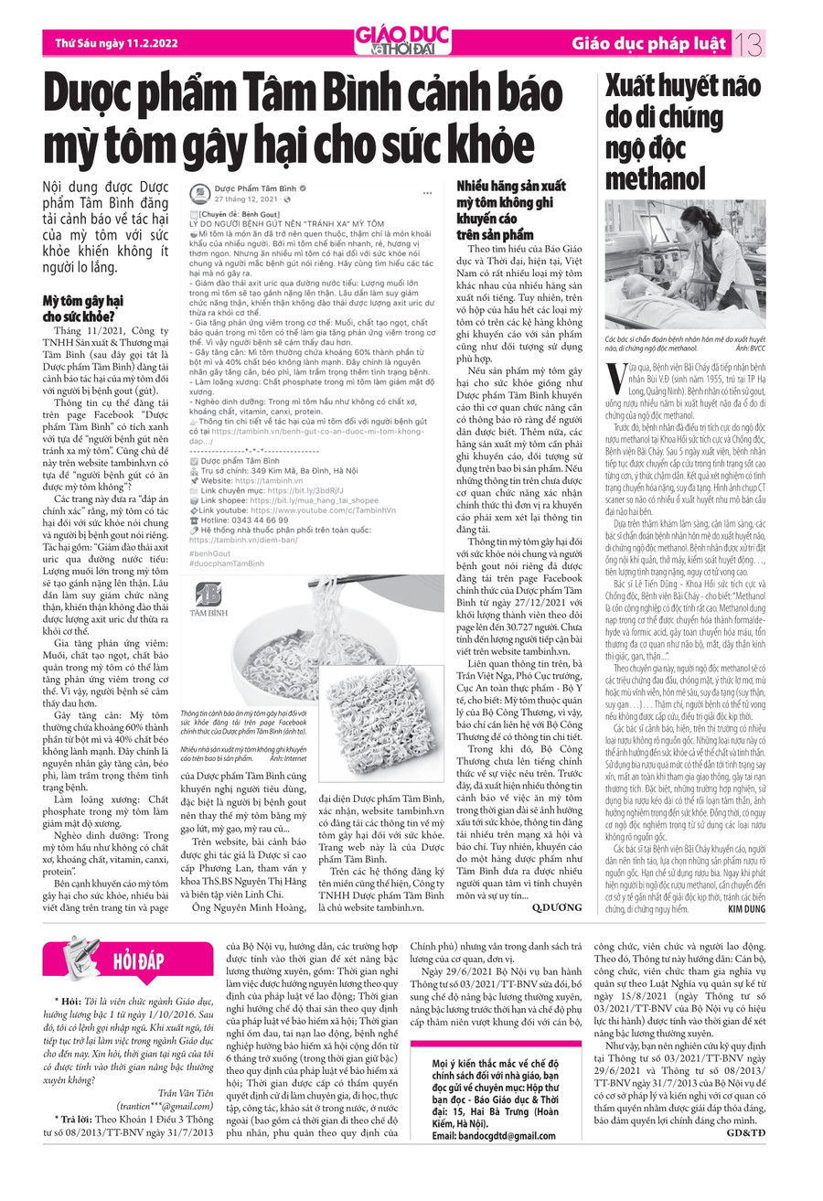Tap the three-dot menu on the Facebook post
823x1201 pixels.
tap(426, 193)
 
